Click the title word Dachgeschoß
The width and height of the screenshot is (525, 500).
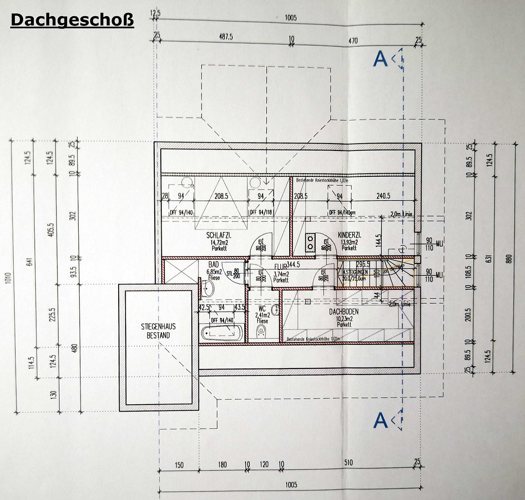tap(72, 20)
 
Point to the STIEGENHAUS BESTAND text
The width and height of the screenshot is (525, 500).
tap(158, 331)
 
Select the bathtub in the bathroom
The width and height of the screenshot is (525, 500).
tap(221, 332)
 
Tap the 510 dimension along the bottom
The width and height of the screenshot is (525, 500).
tap(348, 462)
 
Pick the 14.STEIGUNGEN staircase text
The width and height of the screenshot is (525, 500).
tap(355, 273)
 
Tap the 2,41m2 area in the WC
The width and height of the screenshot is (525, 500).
tap(262, 315)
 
